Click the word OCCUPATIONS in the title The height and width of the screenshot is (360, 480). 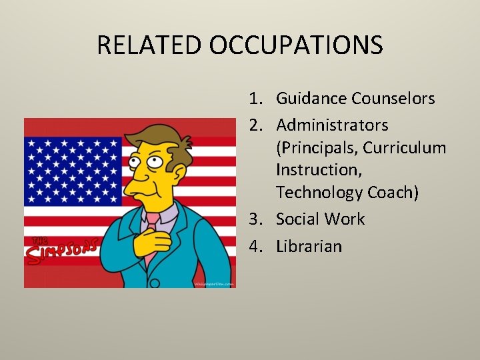pos(295,45)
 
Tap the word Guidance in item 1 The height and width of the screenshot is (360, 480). pos(311,99)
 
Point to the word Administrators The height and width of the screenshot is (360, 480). pos(332,125)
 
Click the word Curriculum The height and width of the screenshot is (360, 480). pos(404,147)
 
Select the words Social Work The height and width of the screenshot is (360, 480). pos(320,219)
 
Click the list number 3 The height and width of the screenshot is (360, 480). pos(255,219)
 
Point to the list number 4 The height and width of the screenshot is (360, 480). pos(255,247)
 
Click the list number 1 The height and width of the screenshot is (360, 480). pos(255,99)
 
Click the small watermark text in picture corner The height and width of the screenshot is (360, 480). pos(214,283)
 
